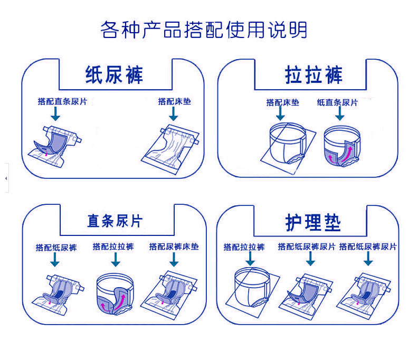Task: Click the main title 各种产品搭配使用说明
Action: coord(204,30)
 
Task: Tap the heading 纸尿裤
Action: coord(114,75)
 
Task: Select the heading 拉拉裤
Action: coord(314,74)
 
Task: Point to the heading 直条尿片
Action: coord(115,221)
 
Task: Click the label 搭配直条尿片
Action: coord(56,101)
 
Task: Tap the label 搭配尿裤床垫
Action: coord(174,247)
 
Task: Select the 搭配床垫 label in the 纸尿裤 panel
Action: coord(174,101)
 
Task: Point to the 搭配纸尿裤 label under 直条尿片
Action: coord(56,247)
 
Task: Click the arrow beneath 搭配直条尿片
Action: coord(55,113)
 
